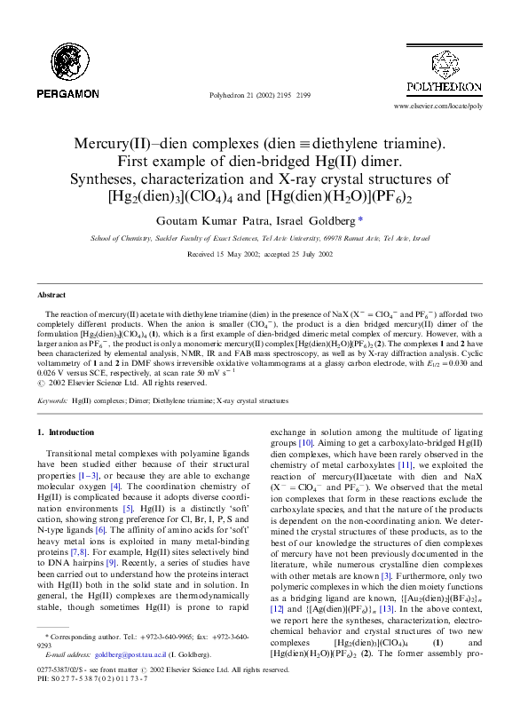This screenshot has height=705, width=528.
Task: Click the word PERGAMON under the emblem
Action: click(67, 93)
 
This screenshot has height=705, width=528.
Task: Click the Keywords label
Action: click(52, 401)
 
